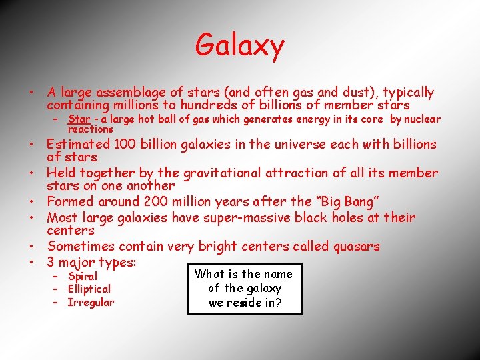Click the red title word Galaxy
coord(240,45)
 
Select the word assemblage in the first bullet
coord(133,93)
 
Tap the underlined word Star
coord(79,119)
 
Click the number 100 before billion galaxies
coord(125,144)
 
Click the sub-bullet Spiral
coord(83,276)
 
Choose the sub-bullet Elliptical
coord(89,289)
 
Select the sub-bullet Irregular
coord(91,303)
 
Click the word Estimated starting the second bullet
coord(79,144)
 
